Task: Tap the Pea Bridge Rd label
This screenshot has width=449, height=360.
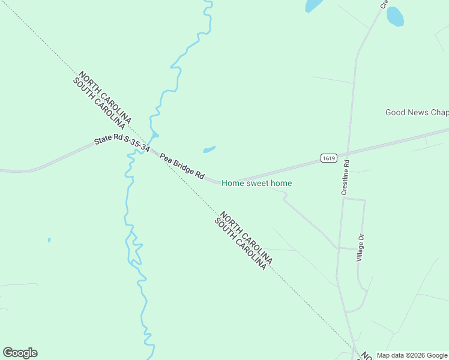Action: tap(182, 167)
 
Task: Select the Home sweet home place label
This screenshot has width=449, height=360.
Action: tap(256, 183)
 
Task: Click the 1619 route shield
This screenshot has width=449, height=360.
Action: tap(327, 158)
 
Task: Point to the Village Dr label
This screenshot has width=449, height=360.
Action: tap(361, 247)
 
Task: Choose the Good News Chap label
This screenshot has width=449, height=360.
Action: tap(417, 112)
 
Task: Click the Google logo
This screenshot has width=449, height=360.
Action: tap(20, 353)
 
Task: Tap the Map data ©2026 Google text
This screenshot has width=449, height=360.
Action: tap(412, 355)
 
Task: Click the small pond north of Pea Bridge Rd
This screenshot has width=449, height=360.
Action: tap(209, 149)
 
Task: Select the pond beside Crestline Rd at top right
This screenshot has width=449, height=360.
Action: tap(395, 16)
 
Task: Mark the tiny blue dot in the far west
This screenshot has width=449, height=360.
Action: tap(49, 240)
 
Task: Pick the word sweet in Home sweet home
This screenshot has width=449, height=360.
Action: tap(258, 183)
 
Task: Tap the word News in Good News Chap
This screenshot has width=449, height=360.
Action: tap(419, 112)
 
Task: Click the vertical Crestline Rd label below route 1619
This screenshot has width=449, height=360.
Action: tap(345, 178)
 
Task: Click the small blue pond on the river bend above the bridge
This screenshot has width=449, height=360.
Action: tap(155, 135)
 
